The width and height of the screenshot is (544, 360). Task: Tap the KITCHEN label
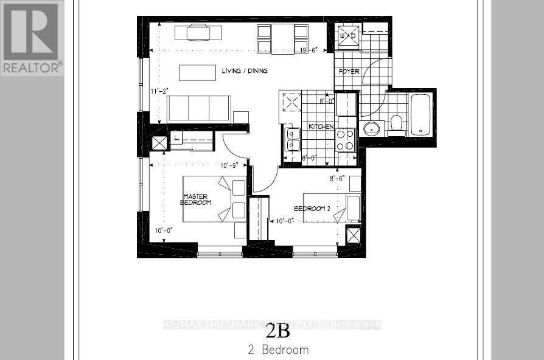click(320, 126)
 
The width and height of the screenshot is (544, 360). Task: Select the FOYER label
click(349, 72)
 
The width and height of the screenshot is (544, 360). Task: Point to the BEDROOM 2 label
click(312, 209)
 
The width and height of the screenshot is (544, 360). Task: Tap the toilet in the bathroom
click(397, 125)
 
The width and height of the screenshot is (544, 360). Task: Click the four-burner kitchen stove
click(346, 140)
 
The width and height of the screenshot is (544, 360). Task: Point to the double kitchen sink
click(291, 139)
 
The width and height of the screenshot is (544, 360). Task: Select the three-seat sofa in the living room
click(198, 108)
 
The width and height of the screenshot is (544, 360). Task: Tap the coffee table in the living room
click(197, 72)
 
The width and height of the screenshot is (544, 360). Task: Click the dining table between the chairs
click(282, 38)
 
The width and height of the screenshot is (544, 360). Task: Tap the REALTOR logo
click(32, 38)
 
